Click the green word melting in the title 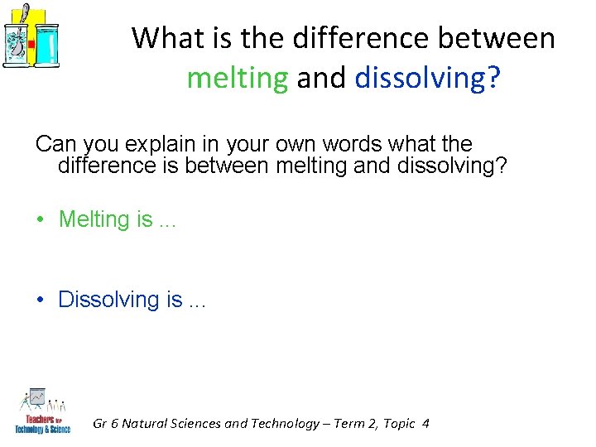[x=238, y=78]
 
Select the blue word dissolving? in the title [x=427, y=78]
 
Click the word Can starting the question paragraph [x=55, y=144]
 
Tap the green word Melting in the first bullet [x=94, y=219]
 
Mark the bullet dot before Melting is [x=40, y=221]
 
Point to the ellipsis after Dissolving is [x=196, y=302]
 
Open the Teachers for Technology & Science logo [x=42, y=409]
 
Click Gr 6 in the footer [x=103, y=423]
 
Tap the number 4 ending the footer [x=425, y=423]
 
